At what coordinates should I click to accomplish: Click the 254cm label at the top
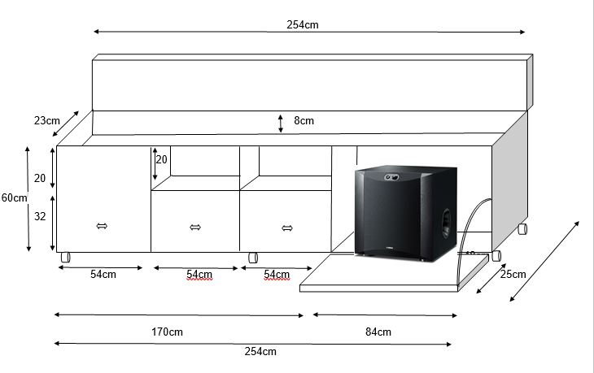303,25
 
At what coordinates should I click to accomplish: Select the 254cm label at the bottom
260,351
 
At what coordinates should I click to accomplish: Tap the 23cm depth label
47,120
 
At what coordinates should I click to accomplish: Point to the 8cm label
304,120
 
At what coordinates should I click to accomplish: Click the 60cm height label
15,197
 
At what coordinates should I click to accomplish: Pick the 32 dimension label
40,216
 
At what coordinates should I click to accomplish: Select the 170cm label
167,332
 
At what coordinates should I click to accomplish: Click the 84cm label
378,332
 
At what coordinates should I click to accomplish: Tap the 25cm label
513,275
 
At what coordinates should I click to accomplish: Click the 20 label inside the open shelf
161,159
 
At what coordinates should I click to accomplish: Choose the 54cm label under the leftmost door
103,275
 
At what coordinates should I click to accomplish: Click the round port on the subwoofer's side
446,223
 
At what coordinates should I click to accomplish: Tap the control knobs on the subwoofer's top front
391,176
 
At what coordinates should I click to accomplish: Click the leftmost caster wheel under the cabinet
66,258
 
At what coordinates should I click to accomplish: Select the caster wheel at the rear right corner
522,228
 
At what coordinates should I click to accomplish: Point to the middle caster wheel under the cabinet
253,258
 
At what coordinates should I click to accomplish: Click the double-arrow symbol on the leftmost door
102,226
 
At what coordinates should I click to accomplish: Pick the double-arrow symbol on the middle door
195,227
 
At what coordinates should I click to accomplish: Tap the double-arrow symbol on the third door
287,228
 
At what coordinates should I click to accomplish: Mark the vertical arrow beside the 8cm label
281,124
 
